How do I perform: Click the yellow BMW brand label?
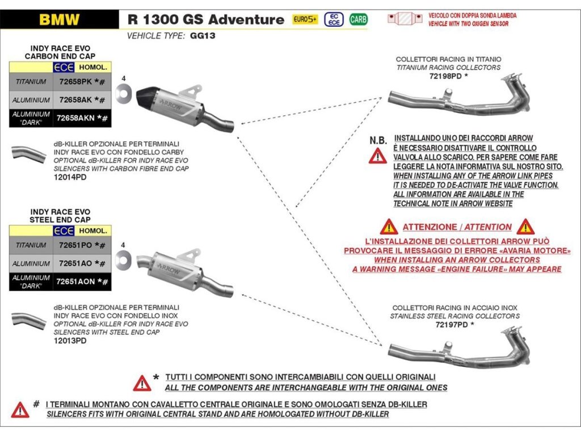(x=60, y=19)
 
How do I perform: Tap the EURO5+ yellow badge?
(x=305, y=19)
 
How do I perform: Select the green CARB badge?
(x=358, y=19)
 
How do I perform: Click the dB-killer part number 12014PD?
(x=70, y=177)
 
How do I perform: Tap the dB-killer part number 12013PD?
(x=70, y=341)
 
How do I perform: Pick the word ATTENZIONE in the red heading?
(x=428, y=227)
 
